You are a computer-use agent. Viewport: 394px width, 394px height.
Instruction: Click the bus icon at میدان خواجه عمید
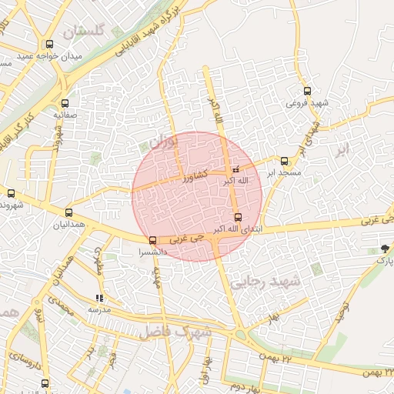click(50, 45)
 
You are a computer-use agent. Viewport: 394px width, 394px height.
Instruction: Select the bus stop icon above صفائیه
click(64, 102)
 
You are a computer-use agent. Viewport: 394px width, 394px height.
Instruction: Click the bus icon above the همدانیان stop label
click(69, 212)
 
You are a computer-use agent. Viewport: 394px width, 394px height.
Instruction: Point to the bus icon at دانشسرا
click(152, 240)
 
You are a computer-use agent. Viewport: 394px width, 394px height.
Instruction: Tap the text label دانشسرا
click(152, 252)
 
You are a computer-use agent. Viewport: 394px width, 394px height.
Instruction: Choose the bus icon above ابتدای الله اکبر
click(238, 218)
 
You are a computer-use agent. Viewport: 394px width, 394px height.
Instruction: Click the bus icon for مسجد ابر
click(284, 161)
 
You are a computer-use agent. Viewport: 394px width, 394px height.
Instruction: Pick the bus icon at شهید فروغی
click(307, 91)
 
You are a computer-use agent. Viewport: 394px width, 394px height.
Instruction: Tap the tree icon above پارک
click(384, 248)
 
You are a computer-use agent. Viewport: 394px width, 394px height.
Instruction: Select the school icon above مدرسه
click(98, 298)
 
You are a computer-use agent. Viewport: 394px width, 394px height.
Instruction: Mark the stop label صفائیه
click(64, 115)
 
